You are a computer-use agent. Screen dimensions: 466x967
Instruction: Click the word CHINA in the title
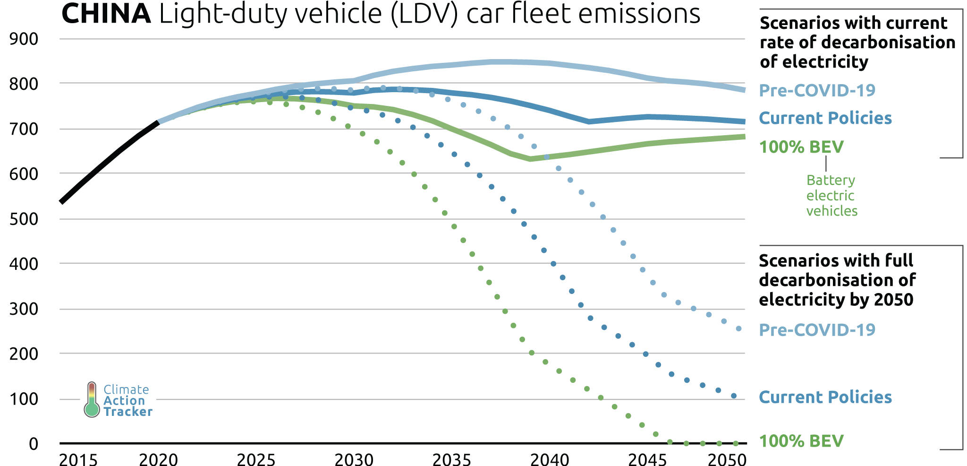coord(106,14)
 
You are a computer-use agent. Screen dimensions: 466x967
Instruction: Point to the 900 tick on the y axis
coord(24,39)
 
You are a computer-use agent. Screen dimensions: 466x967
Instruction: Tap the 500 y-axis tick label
coord(24,219)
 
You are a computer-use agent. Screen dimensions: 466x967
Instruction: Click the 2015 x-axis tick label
coord(78,459)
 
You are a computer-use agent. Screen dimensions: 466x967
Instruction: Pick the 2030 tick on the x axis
coord(354,459)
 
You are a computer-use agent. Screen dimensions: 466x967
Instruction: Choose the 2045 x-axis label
coord(647,459)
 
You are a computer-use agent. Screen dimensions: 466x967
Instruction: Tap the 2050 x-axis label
coord(727,459)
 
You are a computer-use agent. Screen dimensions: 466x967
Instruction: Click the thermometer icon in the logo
coord(92,400)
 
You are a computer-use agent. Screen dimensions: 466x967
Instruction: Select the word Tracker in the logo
coord(128,412)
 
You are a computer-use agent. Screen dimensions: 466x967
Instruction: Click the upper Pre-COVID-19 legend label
coord(817,90)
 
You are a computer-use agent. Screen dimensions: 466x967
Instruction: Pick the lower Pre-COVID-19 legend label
coord(817,330)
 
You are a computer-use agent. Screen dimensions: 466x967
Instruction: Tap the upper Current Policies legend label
coord(825,118)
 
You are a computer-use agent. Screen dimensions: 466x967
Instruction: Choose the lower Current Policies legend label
coord(825,397)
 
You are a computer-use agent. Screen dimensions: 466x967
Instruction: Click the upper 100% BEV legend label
coord(801,147)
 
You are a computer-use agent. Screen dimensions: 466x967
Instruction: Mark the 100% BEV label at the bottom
coord(801,441)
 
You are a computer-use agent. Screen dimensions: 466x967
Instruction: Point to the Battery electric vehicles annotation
coord(831,196)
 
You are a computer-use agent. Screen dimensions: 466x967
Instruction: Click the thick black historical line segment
coord(109,161)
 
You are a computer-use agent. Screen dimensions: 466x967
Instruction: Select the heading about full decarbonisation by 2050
coord(837,280)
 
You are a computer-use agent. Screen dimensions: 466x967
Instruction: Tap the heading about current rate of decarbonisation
coord(857,43)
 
